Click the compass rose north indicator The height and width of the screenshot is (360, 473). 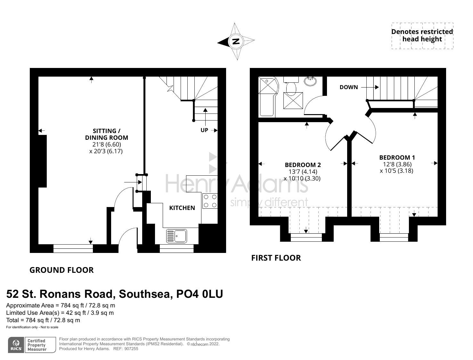pos(236,41)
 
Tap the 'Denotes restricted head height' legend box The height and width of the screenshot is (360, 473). pos(422,36)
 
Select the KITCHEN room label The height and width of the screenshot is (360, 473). pos(182,208)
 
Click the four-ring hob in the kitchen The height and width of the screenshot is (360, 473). pos(210,201)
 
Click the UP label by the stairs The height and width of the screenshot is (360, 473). pos(204,130)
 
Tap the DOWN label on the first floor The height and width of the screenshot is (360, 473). pos(349,87)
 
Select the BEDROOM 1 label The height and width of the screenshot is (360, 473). pos(397,157)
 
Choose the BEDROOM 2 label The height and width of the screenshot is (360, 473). pos(303,165)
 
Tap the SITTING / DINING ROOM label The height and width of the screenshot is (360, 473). pos(106,134)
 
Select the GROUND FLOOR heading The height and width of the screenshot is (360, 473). pos(61,270)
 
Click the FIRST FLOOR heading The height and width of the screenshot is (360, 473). pos(276,258)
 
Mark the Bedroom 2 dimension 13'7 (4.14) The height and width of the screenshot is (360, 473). pos(301,172)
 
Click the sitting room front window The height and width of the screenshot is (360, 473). pos(73,248)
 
